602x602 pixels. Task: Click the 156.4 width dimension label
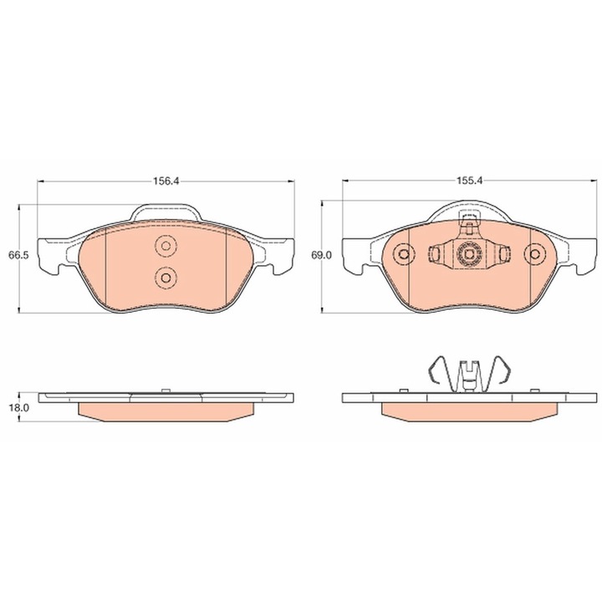pyautogui.click(x=166, y=181)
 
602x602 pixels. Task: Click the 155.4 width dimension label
pyautogui.click(x=469, y=181)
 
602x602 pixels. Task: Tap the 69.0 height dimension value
pyautogui.click(x=321, y=255)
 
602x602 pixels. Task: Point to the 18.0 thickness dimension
pyautogui.click(x=19, y=408)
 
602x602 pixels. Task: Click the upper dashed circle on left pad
pyautogui.click(x=166, y=246)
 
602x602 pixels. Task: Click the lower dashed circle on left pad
pyautogui.click(x=166, y=278)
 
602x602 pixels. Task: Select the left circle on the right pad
pyautogui.click(x=404, y=254)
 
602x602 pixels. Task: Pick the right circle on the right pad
pyautogui.click(x=534, y=254)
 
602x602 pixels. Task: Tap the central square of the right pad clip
pyautogui.click(x=469, y=254)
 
